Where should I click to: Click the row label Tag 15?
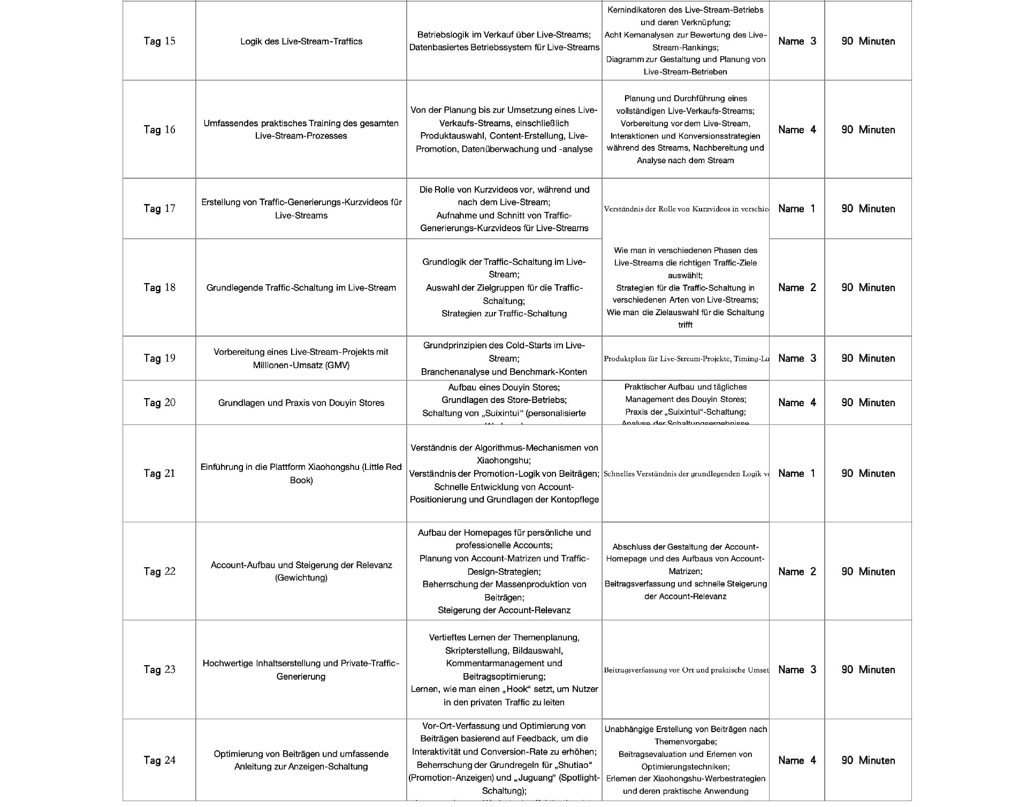(159, 41)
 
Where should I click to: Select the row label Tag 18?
(159, 287)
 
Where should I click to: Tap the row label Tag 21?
(159, 473)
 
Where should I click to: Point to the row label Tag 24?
(159, 760)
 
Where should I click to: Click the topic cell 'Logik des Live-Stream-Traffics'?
(301, 41)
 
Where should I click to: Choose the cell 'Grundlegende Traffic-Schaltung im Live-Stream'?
(301, 287)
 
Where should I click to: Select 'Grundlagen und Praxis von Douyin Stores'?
(301, 402)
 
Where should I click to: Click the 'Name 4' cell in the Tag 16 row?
(796, 130)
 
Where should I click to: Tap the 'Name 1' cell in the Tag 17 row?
(796, 209)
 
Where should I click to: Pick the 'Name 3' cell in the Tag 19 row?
(796, 358)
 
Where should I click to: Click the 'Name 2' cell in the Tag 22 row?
(796, 572)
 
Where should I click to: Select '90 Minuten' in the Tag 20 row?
(868, 402)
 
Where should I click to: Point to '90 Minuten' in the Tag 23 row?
(868, 669)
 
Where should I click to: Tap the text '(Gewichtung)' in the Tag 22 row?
(301, 578)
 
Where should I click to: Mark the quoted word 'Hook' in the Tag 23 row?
(517, 689)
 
